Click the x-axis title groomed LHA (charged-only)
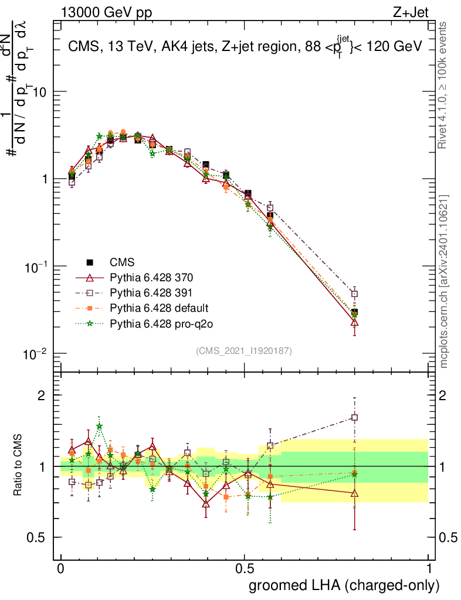(x=344, y=585)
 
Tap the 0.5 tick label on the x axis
(x=245, y=569)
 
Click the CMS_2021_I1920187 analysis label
(x=244, y=350)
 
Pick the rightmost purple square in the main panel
(x=354, y=294)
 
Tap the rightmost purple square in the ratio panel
(x=354, y=418)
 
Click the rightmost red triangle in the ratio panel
(x=354, y=493)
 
